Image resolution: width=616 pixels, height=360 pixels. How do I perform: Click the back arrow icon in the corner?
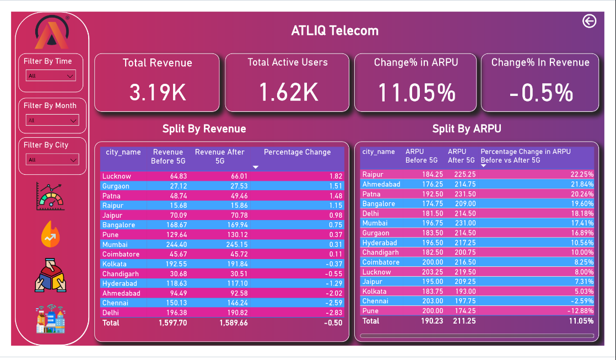click(589, 21)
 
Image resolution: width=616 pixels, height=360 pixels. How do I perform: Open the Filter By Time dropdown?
click(51, 76)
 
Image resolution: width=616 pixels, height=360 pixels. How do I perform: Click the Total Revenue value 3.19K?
click(158, 92)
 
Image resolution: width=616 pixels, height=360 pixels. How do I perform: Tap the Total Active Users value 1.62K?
click(288, 92)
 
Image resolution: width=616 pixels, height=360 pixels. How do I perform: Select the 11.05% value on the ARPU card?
click(417, 92)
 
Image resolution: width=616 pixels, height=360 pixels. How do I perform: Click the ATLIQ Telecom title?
click(334, 31)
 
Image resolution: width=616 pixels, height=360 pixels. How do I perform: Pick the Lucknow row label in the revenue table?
click(117, 176)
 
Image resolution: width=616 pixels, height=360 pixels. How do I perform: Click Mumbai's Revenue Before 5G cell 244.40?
click(172, 245)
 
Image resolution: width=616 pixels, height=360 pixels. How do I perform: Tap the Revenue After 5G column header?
click(219, 156)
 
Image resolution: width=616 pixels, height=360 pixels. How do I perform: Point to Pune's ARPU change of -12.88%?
click(581, 311)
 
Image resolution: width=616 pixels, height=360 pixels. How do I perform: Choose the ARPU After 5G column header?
click(461, 156)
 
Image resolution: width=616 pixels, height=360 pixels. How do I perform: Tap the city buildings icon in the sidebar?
click(50, 319)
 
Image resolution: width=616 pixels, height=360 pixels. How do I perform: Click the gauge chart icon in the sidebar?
click(50, 196)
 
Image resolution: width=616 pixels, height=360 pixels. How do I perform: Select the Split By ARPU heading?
click(466, 129)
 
